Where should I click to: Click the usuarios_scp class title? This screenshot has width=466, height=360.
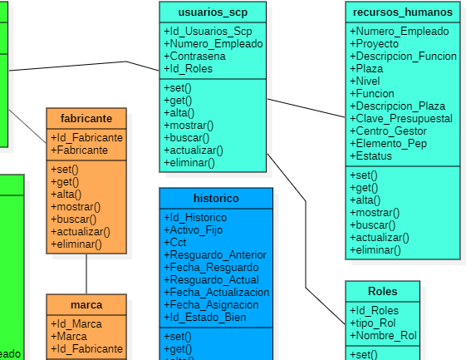[213, 12]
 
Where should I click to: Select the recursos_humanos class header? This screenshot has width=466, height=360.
[402, 12]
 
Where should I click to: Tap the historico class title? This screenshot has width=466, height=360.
[216, 199]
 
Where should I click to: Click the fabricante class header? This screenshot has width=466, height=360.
[86, 118]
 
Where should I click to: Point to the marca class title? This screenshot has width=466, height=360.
[86, 305]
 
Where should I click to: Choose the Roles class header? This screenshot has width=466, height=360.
[382, 291]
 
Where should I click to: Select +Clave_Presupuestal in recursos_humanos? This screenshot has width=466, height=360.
[401, 119]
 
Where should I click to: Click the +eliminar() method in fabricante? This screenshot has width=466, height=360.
[76, 244]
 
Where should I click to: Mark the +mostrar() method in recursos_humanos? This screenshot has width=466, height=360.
[375, 213]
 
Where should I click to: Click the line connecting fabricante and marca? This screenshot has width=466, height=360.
[86, 273]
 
